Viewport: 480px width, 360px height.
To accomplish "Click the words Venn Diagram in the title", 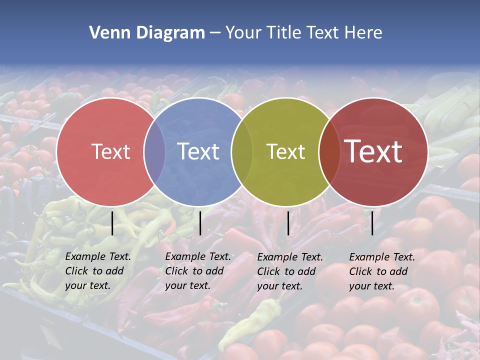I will point(147,33).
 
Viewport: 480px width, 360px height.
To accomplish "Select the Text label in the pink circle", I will point(110,151).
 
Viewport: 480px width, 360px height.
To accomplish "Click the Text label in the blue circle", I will point(198,151).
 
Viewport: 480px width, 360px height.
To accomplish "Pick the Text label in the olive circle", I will point(285,151).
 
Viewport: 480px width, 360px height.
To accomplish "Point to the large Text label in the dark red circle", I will point(373,151).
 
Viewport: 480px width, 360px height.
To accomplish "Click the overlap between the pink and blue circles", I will point(154,151).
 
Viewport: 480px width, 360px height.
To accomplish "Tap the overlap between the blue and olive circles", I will point(242,151).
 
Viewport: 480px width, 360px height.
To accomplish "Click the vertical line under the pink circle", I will point(112,223).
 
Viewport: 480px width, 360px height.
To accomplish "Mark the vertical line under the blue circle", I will point(200,223).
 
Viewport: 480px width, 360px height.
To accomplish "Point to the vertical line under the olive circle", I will point(288,223).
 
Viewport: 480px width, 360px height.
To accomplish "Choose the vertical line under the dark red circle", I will point(372,223).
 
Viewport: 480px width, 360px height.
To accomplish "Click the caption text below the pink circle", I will point(98,271).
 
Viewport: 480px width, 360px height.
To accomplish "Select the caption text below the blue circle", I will point(198,271).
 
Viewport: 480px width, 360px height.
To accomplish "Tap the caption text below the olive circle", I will point(290,271).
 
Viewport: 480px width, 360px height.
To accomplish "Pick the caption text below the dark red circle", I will point(382,271).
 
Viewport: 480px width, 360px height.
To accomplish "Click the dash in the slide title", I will point(215,33).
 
